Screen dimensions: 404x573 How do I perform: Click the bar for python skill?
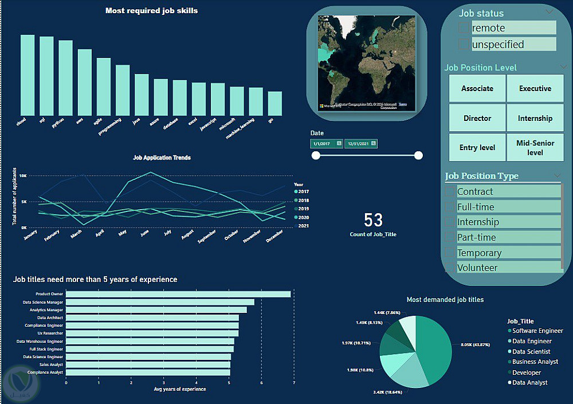65,78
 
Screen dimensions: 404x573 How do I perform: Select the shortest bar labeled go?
275,104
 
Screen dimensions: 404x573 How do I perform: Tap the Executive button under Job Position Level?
535,89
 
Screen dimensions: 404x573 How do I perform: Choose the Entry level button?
477,148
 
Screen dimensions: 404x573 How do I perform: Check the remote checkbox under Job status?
464,28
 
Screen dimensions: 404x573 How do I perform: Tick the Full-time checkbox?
450,207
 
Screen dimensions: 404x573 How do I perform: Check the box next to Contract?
450,191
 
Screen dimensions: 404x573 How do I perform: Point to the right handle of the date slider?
418,155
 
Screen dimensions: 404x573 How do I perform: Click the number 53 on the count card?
373,220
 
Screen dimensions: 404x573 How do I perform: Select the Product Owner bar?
178,294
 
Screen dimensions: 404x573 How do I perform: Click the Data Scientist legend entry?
531,352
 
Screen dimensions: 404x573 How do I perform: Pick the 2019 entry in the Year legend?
303,209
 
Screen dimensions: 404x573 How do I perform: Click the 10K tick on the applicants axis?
23,176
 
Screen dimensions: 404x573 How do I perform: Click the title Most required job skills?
151,11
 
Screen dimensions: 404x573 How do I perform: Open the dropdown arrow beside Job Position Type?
557,175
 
